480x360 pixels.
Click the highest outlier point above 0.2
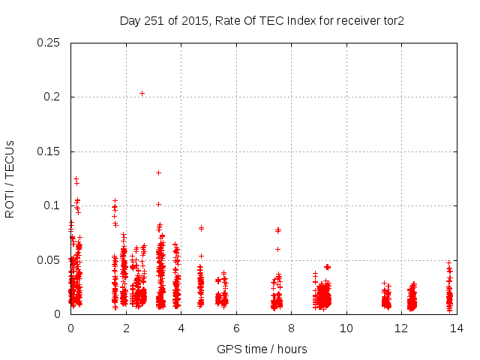point(142,93)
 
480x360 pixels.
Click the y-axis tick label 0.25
point(49,43)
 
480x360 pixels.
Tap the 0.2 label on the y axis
point(52,97)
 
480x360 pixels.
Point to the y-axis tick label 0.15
point(49,151)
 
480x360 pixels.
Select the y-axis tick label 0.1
point(52,205)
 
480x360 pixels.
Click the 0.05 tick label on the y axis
point(49,260)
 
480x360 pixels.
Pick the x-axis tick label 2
point(125,328)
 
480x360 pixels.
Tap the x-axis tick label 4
point(181,328)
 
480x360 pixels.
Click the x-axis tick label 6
point(235,328)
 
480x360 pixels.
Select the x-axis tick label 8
point(291,328)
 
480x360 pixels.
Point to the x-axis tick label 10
point(346,328)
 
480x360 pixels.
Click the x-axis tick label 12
point(401,328)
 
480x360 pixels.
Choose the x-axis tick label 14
point(456,328)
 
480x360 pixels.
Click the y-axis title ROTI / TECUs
point(10,178)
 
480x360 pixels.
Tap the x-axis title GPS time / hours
point(262,349)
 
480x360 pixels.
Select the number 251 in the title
point(153,20)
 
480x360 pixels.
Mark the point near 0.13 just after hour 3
point(158,172)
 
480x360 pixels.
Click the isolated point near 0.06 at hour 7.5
point(277,249)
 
